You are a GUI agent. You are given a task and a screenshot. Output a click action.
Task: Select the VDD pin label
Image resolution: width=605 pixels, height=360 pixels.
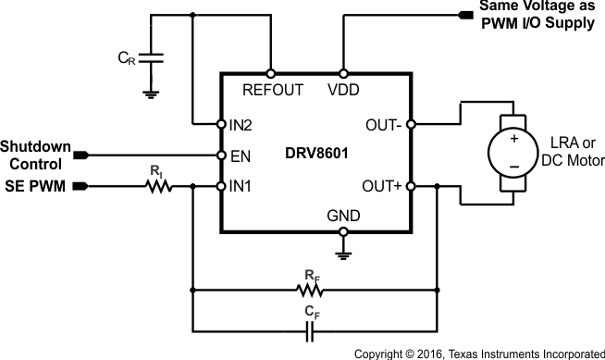[x=343, y=91]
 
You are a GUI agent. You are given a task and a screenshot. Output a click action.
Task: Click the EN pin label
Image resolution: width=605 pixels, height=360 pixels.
[x=239, y=155]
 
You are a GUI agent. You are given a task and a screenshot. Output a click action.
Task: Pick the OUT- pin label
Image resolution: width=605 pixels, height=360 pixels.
[x=381, y=123]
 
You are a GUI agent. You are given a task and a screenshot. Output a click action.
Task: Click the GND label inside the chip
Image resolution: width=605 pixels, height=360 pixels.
[x=343, y=217]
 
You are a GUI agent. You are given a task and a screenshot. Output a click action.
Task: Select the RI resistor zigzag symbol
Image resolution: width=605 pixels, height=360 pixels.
[x=159, y=187]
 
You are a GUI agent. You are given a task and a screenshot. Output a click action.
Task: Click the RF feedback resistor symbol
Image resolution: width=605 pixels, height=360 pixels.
[x=312, y=290]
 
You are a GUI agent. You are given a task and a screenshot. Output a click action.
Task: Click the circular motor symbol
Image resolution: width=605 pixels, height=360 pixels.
[x=510, y=155]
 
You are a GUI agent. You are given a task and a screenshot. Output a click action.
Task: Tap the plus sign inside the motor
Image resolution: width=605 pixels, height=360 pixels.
[x=510, y=139]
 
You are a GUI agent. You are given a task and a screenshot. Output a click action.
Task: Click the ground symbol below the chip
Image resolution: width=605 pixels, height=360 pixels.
[x=343, y=250]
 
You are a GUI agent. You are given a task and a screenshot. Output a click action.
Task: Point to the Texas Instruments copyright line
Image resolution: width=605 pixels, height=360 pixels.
[x=479, y=353]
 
